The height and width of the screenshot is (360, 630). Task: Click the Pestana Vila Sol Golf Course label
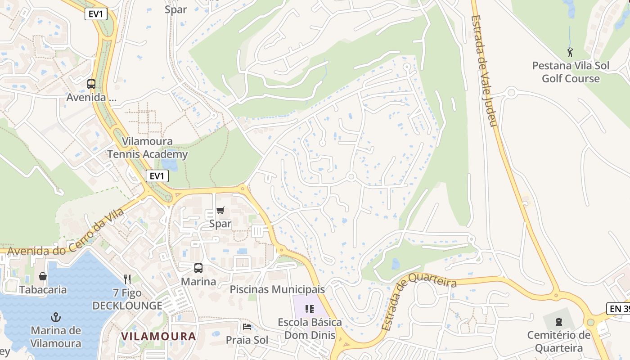pos(571,72)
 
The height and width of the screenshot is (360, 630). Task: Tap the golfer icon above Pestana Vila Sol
pos(571,52)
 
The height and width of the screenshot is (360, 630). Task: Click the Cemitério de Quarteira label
pos(558,342)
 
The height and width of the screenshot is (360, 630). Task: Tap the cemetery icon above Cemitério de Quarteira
pos(558,321)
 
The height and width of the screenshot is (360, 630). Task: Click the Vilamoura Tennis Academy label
pos(147,148)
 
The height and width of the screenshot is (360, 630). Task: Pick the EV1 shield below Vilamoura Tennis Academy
pos(157,176)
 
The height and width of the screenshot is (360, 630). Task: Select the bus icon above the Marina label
pos(198,268)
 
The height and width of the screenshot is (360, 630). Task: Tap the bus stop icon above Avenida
pos(91,84)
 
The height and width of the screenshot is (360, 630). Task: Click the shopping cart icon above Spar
pos(220,211)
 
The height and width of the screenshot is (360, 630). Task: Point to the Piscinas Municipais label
pos(277,289)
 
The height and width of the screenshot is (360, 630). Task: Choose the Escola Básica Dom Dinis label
pos(310,328)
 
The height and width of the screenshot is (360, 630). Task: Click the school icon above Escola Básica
pos(310,309)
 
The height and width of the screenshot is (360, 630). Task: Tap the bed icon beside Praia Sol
pos(246,326)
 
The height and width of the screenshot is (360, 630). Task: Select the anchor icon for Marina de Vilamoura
pos(56,317)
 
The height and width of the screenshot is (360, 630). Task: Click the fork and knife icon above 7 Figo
pos(127,279)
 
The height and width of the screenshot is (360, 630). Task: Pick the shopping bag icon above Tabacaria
pos(43,276)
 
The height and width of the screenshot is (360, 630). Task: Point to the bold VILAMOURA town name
pos(158,336)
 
